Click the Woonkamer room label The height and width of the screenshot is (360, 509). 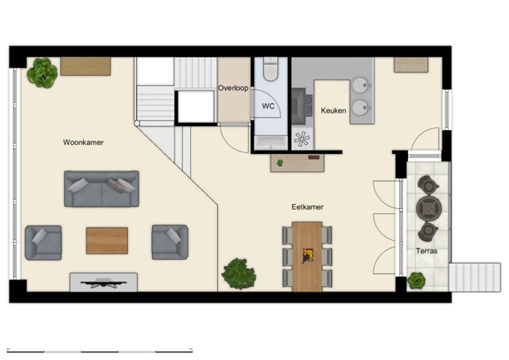pos(83,142)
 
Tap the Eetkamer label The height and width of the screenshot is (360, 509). pos(308,207)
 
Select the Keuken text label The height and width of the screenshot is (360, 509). pos(333,111)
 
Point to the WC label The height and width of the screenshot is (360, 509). pos(268,106)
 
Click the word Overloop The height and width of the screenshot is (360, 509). pos(233,88)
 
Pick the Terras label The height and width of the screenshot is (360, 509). pos(427,251)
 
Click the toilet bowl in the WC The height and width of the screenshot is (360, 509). pos(270,69)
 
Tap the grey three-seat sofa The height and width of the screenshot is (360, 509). pos(102,189)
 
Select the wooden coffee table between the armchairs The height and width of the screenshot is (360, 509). pos(107,240)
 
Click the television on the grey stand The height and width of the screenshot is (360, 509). pos(104,283)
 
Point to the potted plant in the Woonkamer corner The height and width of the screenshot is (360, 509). pos(42,73)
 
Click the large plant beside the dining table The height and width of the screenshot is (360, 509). pos(239,274)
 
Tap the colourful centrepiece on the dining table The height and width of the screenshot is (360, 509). pos(308,256)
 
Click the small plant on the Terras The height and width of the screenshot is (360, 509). pos(416,281)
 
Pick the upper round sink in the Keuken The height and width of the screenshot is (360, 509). pos(361,85)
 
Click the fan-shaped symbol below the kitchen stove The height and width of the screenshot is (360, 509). pos(302,139)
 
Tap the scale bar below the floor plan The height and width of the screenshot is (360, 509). pos(100,350)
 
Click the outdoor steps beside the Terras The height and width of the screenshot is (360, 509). pos(474,277)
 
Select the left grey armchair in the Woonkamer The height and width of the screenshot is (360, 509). pos(43,243)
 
